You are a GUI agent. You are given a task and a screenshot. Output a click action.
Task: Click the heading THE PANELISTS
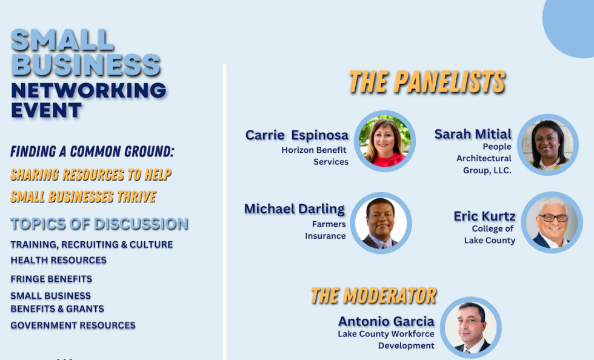point(427,81)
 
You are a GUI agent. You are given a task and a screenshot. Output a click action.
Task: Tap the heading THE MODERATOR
point(373,296)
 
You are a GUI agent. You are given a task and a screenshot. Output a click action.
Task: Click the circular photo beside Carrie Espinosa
point(385,141)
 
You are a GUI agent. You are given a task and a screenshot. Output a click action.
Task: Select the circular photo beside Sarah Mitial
point(547,145)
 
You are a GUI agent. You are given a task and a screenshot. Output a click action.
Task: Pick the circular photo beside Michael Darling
point(381,223)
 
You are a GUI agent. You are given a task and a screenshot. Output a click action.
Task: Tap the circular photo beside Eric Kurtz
point(552,222)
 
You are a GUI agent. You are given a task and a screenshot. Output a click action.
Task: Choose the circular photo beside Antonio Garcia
point(471,328)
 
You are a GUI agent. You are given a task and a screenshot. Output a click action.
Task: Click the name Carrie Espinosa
point(296,135)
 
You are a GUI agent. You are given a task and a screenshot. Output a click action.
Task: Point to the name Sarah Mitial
point(473,134)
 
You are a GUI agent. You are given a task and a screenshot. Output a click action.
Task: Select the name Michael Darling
point(295,209)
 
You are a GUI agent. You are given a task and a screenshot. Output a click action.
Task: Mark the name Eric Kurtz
point(484,216)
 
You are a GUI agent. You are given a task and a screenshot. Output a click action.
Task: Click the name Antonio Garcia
point(386,321)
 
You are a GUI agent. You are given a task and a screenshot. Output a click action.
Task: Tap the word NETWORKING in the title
point(88,90)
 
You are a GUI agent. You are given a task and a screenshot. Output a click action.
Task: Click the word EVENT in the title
point(46,110)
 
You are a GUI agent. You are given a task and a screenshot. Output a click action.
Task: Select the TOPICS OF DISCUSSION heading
point(99,224)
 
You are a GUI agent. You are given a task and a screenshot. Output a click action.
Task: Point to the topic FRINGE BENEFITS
point(51,279)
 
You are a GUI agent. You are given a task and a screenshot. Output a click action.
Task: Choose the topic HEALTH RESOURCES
point(58,260)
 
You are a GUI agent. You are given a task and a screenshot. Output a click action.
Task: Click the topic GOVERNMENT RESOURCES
point(73,325)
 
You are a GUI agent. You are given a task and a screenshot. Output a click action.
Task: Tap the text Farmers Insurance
point(325,230)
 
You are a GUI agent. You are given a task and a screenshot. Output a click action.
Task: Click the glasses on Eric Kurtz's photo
point(553,218)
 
